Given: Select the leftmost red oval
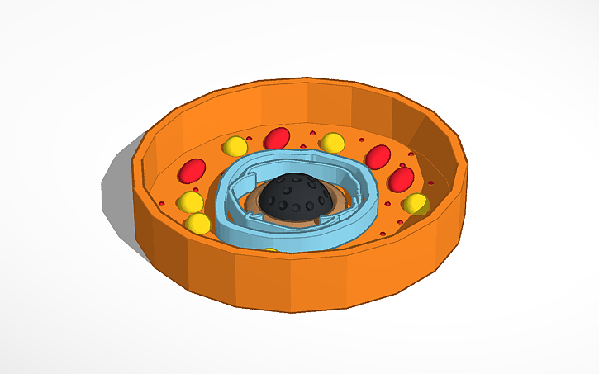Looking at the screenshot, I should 193,171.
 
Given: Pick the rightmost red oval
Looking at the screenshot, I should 402,179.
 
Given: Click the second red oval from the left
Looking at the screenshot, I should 277,138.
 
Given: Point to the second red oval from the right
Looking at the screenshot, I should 378,156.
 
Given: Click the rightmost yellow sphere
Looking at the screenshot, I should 415,203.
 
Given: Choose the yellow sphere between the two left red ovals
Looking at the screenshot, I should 235,147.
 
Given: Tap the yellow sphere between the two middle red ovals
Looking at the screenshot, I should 332,142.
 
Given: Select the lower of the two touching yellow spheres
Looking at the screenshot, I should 197,224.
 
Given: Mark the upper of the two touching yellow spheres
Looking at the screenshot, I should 191,202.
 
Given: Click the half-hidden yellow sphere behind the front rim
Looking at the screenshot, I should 269,250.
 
